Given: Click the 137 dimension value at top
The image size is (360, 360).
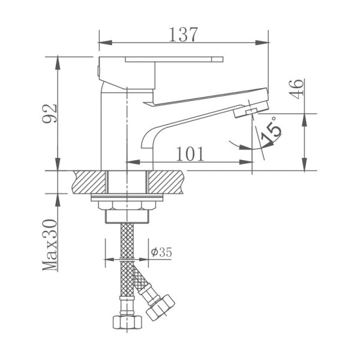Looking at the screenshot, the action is [183, 35].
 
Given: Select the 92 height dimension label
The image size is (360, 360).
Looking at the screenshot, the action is [50, 113].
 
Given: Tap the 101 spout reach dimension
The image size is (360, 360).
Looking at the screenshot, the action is [190, 154].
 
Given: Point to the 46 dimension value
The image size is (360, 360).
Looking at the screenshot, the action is [296, 89].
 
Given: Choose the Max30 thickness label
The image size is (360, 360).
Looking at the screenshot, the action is [50, 245].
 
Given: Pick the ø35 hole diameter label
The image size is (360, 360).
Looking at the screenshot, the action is [161, 252].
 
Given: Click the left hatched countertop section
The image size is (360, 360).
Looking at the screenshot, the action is [89, 182].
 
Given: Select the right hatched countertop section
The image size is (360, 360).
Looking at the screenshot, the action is [166, 182].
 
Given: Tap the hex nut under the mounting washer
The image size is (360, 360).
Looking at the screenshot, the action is [127, 205].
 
